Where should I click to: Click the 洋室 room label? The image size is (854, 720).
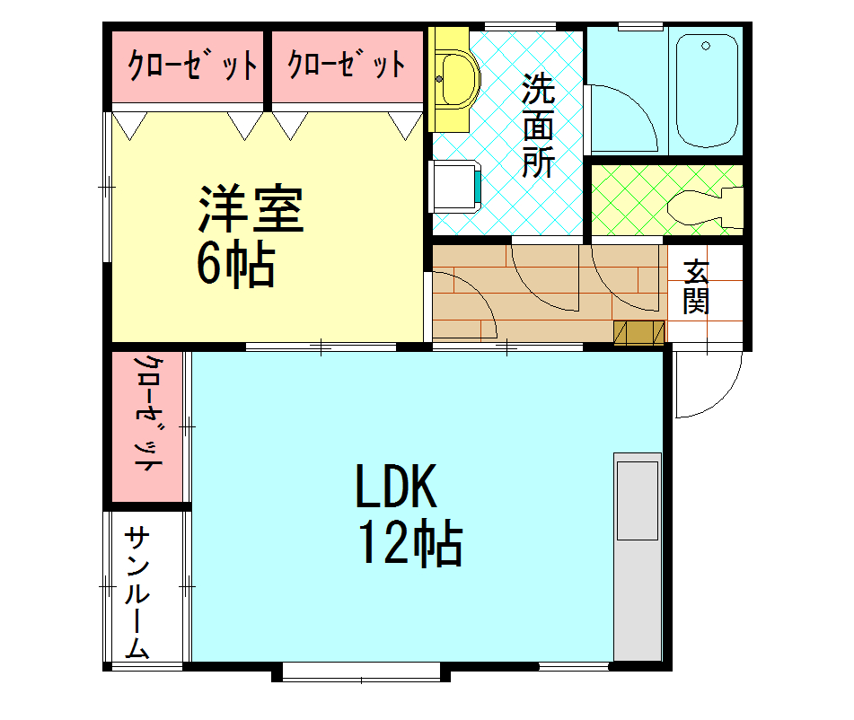251,210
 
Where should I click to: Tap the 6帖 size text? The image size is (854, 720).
235,263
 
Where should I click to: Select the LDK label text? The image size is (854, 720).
395,488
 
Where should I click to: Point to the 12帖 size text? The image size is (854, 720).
410,543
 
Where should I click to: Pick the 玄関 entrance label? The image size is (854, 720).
696,286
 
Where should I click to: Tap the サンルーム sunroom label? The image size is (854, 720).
137,593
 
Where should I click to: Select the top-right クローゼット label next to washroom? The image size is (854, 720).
347,65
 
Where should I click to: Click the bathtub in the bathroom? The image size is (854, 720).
707,90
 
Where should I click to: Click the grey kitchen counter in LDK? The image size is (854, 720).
637,557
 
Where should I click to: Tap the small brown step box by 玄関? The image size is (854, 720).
639,331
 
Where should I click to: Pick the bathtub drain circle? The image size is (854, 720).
706,46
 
